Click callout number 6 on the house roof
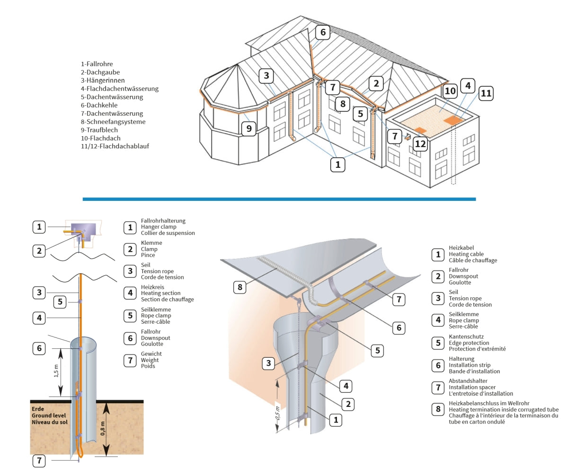click(323, 32)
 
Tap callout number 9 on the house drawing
click(249, 128)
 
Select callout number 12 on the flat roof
click(420, 143)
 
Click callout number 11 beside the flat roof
click(486, 94)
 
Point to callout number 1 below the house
click(337, 164)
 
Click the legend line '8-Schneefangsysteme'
click(113, 121)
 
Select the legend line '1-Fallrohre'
click(97, 64)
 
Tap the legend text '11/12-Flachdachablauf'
click(115, 147)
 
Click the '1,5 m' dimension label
click(56, 371)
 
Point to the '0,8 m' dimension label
click(103, 429)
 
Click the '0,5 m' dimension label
click(277, 413)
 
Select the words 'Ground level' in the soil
click(49, 415)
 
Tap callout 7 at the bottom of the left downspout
click(39, 461)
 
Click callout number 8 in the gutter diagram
click(240, 286)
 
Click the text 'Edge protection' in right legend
click(469, 343)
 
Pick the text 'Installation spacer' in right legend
click(472, 387)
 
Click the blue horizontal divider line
click(279, 199)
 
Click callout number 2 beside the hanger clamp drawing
click(39, 250)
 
